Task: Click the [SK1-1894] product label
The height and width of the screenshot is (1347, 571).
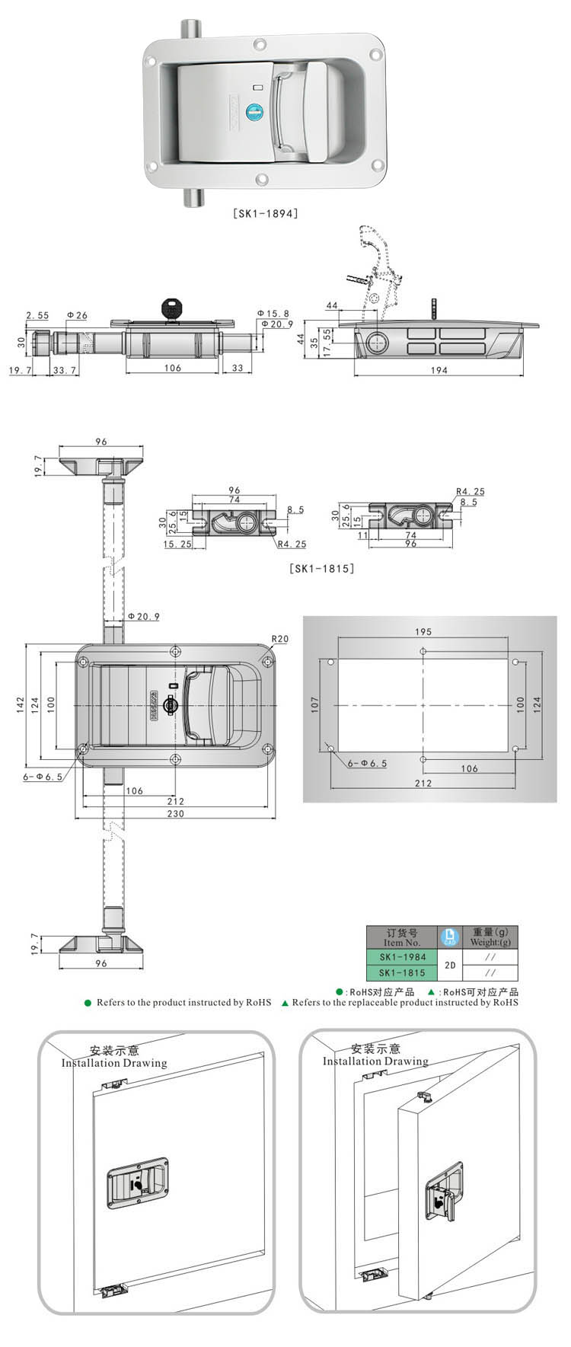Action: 265,213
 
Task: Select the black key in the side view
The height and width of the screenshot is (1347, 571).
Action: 174,309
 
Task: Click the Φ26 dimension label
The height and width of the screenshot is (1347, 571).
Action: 77,315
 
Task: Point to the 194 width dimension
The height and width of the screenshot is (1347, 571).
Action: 439,371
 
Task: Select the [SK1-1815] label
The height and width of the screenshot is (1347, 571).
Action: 322,568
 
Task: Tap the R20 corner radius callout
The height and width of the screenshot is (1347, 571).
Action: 280,639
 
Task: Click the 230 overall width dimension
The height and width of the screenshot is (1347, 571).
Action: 175,814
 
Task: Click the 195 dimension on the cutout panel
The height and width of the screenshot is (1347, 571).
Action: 423,632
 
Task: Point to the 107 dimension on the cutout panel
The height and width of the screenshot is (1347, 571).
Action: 315,705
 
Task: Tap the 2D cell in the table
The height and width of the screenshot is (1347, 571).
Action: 450,965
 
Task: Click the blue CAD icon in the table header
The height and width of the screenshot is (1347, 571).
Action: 450,937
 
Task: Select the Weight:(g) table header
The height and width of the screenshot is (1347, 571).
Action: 490,942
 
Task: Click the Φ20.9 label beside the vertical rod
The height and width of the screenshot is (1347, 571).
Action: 143,616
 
